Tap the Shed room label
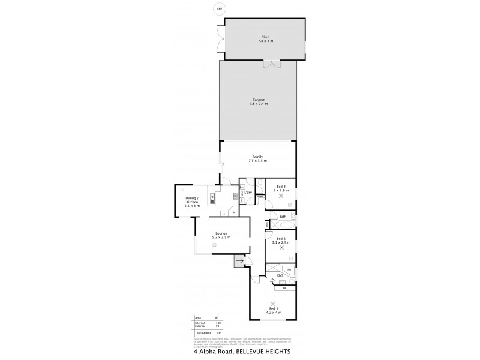click(x=265, y=37)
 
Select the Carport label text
click(x=258, y=100)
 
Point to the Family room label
click(x=257, y=157)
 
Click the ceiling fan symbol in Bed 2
click(x=282, y=247)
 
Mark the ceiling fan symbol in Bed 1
click(x=274, y=303)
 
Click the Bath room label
click(x=283, y=216)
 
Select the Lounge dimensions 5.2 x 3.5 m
click(x=221, y=238)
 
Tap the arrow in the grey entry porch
click(x=239, y=260)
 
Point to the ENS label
click(x=280, y=276)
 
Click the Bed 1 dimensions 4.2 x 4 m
click(x=274, y=313)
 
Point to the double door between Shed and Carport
click(x=273, y=62)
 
